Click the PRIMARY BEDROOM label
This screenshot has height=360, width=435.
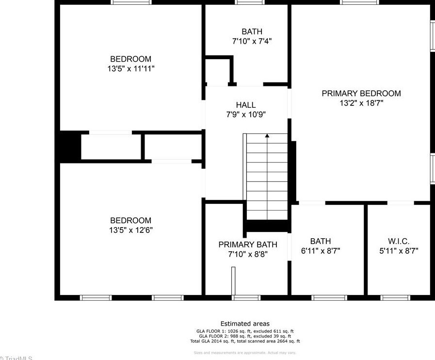coord(361,93)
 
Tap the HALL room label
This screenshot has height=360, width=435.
coord(246,105)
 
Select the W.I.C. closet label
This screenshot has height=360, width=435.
coord(399,241)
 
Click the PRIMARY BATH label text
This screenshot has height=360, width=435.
coord(248,245)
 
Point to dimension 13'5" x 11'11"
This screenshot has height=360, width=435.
coord(131,69)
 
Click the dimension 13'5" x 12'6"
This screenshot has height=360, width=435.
coord(131,230)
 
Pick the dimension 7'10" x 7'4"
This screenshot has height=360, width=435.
coord(252,41)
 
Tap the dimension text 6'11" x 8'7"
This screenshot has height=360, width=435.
coord(321,251)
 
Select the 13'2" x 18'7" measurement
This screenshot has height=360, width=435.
coord(361,103)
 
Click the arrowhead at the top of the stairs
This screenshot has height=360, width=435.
coord(267,136)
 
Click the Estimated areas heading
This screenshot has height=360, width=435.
coord(245,324)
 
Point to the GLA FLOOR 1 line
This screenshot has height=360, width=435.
coord(245,331)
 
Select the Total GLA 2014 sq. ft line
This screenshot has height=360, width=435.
coord(245,341)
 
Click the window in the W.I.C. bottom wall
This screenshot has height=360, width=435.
coord(395,297)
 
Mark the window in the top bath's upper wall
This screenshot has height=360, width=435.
coord(250,2)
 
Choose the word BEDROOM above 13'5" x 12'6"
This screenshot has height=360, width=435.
coord(131,220)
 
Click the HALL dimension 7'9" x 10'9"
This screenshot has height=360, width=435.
coord(246,115)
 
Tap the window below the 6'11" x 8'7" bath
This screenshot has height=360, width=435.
coord(329,297)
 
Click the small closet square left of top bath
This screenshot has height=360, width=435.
coord(217,72)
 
